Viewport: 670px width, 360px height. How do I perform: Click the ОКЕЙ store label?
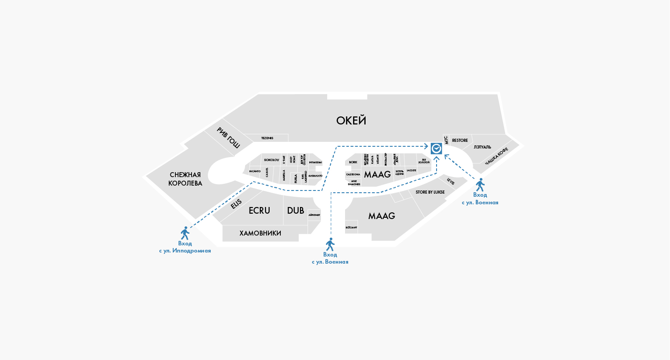coord(351,120)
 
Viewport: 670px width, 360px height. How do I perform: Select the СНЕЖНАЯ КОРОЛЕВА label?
coord(185,179)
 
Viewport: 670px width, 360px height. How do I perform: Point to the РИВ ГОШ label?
coord(229,137)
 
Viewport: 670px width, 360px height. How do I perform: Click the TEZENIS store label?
coord(267,138)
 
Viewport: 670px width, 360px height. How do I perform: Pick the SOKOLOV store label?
coord(271,160)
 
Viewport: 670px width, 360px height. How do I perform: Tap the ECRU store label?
coord(259,211)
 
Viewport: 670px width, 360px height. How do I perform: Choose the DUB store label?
coord(295,211)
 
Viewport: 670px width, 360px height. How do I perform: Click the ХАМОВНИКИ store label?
coord(260,233)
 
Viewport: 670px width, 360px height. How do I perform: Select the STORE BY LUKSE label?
coord(430,192)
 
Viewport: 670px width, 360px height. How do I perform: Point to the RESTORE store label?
coord(460,141)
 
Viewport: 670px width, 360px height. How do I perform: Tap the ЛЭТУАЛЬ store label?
coord(482,147)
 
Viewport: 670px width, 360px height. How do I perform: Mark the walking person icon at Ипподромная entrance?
coord(185,233)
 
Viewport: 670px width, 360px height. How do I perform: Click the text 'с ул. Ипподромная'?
coord(185,251)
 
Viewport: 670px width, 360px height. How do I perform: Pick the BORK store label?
coord(353,162)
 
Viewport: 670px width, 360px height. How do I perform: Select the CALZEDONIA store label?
coord(353,174)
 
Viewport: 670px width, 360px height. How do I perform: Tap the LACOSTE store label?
coord(411,170)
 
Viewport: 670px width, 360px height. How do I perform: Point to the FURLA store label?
coord(295,178)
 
